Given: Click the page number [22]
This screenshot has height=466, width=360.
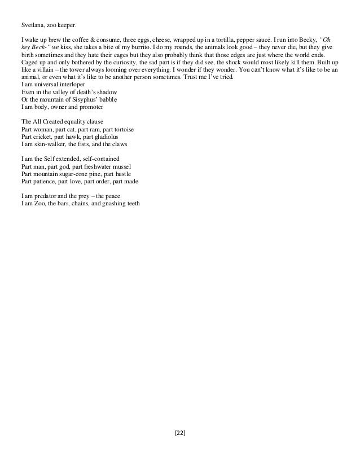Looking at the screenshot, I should (x=181, y=433).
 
